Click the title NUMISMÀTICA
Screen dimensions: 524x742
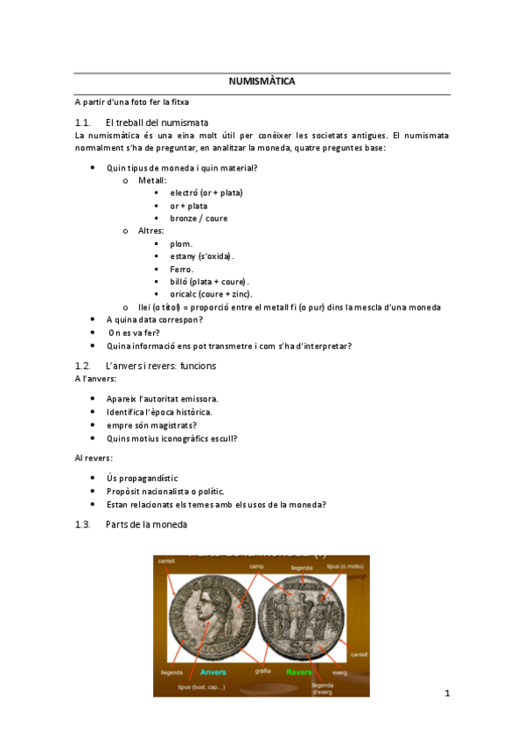(262, 81)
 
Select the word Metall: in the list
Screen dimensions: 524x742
(152, 179)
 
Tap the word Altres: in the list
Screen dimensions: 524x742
(150, 231)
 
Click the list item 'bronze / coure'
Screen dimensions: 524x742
(199, 218)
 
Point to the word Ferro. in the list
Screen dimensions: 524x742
(182, 269)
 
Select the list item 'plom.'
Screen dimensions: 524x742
(181, 243)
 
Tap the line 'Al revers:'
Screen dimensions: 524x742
(94, 458)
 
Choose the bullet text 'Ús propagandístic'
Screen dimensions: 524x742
(142, 479)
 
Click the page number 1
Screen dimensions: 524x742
(446, 694)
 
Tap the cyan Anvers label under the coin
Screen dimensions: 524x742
(213, 672)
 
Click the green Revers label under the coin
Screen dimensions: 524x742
(299, 672)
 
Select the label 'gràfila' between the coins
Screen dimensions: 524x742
(262, 672)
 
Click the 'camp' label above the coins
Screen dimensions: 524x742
(256, 567)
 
